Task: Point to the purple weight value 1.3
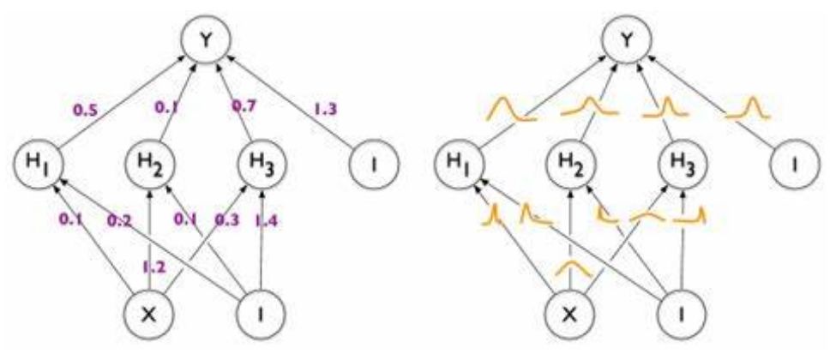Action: (325, 109)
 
